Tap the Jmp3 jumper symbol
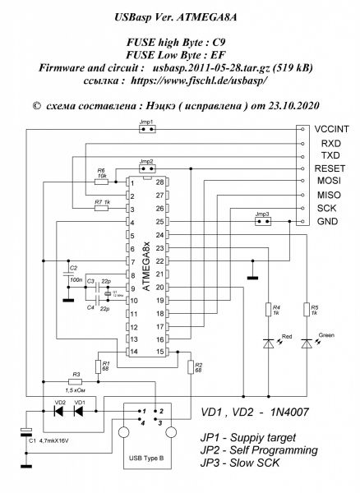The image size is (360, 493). tap(262, 222)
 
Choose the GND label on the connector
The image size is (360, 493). tap(326, 222)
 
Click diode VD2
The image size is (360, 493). tap(59, 412)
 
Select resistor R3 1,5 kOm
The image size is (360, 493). tap(77, 380)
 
